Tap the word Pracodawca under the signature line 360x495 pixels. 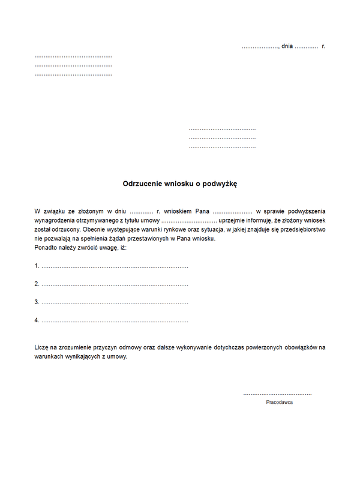pos(279,402)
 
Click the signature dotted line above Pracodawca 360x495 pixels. pos(277,394)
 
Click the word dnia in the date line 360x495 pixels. pos(287,46)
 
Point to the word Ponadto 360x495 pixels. pos(46,247)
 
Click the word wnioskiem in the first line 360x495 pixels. pos(177,211)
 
